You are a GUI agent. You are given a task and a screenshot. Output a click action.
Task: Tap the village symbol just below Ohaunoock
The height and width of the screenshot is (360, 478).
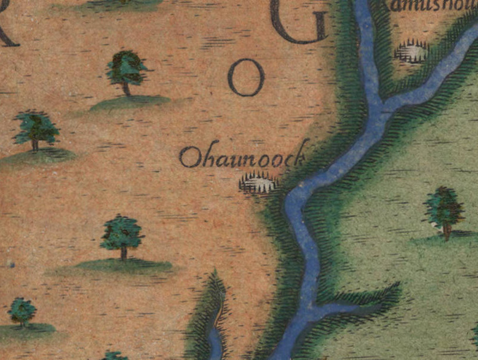pos(259,182)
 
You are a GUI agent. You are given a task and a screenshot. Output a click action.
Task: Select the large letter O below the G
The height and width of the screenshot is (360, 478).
pos(246,80)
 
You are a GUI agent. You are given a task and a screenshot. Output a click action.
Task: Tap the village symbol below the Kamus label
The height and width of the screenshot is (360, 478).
pos(412,52)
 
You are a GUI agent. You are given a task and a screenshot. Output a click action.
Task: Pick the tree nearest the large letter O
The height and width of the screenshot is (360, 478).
pos(127,71)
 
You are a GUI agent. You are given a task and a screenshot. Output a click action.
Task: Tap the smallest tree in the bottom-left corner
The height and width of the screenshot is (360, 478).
pos(22,312)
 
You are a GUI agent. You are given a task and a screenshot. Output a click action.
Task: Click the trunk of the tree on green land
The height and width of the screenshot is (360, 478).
pos(446,230)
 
